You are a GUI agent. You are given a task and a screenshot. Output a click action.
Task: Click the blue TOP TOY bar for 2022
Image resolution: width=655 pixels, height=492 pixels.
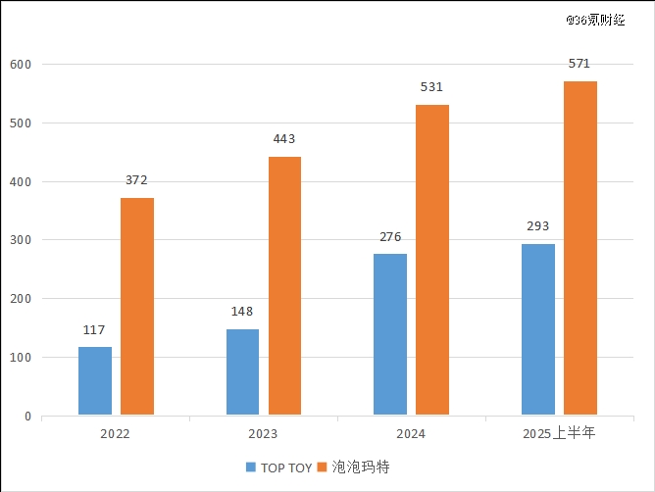[95, 381]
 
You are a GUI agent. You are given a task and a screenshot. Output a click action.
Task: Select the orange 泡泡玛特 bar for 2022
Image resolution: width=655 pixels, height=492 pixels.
[137, 307]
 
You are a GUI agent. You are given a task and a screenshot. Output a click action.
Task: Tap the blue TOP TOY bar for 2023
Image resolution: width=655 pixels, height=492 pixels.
[242, 372]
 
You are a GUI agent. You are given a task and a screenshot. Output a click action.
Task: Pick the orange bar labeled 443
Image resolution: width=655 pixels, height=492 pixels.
[284, 286]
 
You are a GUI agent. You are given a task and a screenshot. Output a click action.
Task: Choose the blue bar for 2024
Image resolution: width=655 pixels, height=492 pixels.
[390, 334]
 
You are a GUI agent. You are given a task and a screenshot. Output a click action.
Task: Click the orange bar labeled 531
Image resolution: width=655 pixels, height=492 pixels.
[432, 260]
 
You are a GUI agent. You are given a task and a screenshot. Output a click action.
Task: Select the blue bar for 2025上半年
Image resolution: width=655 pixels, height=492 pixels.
[538, 329]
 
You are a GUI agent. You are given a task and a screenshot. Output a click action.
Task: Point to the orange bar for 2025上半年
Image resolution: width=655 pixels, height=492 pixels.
[580, 248]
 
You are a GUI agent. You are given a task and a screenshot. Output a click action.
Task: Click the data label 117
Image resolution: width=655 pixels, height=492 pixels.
[94, 330]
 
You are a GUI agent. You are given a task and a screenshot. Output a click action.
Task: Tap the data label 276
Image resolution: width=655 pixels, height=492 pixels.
[390, 237]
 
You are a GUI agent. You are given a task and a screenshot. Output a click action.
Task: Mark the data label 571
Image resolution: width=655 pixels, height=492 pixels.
[579, 64]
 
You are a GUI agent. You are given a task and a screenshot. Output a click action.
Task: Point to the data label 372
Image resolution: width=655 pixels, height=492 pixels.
[137, 180]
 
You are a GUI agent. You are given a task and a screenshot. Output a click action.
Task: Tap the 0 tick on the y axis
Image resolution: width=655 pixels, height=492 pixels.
[27, 417]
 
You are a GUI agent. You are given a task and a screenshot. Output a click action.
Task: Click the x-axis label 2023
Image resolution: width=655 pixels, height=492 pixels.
[263, 433]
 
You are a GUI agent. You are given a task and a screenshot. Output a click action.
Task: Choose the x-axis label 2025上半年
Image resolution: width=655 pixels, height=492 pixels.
[559, 433]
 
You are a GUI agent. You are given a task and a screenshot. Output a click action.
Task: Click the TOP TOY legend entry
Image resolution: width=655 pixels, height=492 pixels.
[279, 467]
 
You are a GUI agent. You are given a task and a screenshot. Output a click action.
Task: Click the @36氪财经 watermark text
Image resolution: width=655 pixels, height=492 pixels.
[595, 19]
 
